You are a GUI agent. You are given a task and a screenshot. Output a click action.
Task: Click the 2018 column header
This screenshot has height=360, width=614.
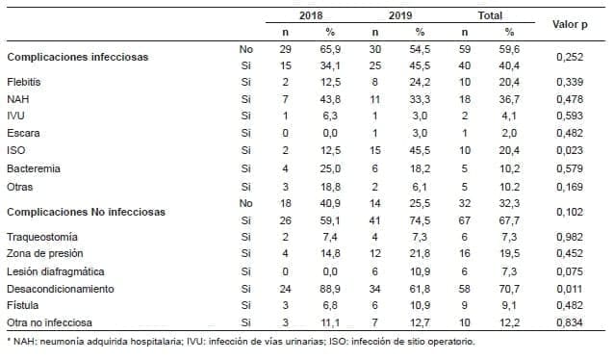click(x=309, y=16)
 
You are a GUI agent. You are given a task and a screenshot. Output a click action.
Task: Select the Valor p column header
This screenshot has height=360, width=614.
click(x=570, y=23)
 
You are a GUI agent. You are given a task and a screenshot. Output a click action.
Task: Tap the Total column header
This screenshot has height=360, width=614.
click(x=489, y=16)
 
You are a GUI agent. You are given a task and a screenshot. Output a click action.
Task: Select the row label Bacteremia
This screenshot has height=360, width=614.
click(x=34, y=167)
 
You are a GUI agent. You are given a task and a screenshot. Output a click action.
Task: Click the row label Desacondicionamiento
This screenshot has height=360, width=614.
click(x=61, y=288)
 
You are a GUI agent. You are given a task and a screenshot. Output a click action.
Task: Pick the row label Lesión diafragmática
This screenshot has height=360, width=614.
click(x=56, y=270)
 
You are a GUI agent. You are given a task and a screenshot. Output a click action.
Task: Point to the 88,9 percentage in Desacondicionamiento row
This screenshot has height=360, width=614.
click(x=330, y=288)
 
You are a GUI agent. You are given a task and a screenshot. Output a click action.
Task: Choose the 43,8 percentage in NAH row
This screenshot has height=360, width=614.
click(x=330, y=99)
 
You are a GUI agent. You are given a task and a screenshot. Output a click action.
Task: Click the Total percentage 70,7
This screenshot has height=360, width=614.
click(x=511, y=288)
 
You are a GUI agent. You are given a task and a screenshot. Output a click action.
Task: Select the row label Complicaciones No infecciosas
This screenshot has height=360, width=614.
click(x=86, y=211)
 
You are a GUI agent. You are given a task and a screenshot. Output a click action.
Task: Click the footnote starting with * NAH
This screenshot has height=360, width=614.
click(x=240, y=341)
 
